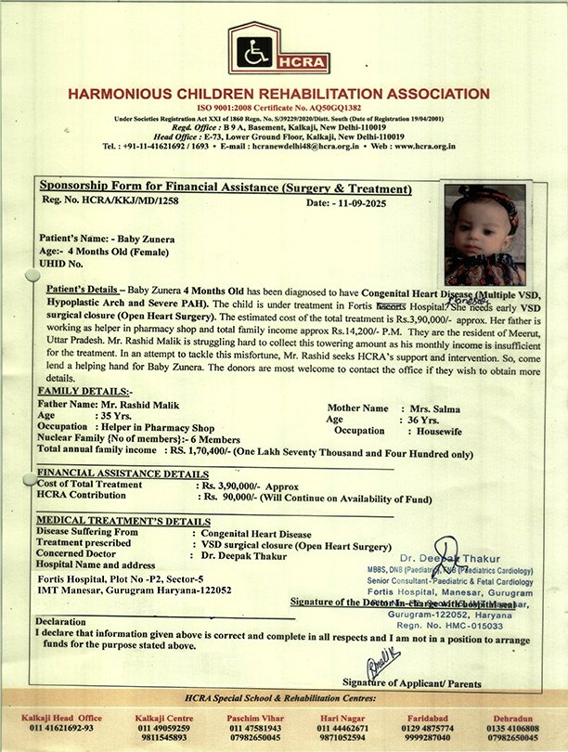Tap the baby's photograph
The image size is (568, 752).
point(484,235)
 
